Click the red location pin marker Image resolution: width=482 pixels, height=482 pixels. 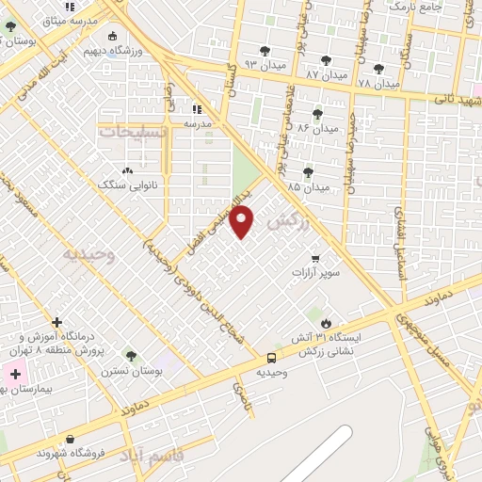click(243, 222)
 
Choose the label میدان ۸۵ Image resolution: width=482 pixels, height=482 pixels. click(309, 186)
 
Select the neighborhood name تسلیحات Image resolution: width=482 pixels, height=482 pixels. click(132, 132)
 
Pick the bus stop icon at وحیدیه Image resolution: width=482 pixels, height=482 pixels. click(271, 358)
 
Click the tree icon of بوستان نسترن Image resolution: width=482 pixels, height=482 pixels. click(131, 356)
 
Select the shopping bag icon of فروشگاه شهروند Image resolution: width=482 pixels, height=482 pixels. click(71, 439)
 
